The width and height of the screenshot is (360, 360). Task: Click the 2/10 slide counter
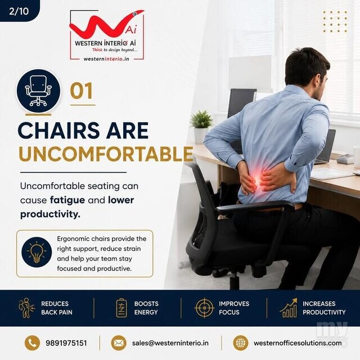click(19, 11)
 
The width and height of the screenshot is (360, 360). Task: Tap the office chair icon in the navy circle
click(38, 91)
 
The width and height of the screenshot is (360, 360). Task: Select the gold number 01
click(82, 91)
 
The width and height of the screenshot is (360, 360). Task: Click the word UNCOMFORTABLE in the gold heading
click(106, 154)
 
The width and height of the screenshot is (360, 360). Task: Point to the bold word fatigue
click(67, 200)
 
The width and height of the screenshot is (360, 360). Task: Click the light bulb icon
click(37, 253)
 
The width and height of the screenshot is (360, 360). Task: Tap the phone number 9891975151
click(66, 343)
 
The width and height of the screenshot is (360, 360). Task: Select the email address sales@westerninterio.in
click(170, 343)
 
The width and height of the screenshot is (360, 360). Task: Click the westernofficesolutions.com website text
click(298, 343)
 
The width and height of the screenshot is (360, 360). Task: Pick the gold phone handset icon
click(32, 343)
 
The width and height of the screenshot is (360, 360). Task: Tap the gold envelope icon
click(119, 343)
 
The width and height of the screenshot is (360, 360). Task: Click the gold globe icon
click(241, 343)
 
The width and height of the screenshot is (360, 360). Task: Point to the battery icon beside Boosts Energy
click(121, 308)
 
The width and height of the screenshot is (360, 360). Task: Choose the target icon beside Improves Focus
click(204, 308)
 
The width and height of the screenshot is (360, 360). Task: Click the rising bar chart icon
click(289, 308)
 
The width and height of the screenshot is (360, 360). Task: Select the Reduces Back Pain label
click(57, 308)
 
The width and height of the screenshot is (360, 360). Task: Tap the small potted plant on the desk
click(201, 127)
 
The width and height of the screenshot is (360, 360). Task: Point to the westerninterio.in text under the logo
click(106, 59)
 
